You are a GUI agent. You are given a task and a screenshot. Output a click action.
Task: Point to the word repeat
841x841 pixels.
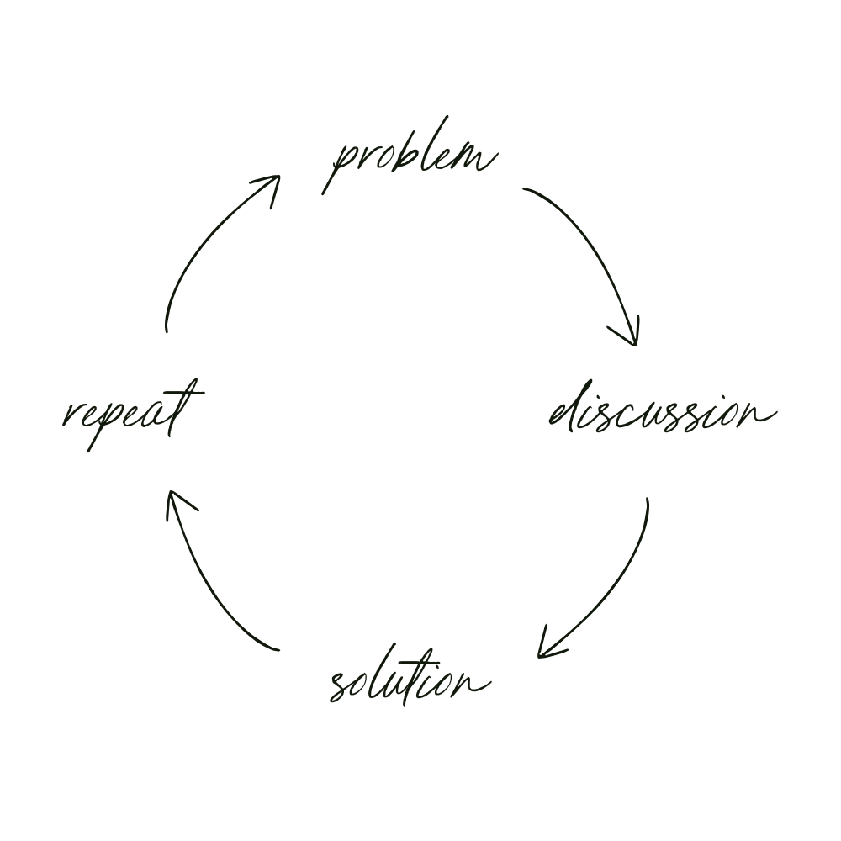(x=133, y=414)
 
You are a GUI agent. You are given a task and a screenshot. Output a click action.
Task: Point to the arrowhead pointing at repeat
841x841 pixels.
(x=175, y=501)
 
